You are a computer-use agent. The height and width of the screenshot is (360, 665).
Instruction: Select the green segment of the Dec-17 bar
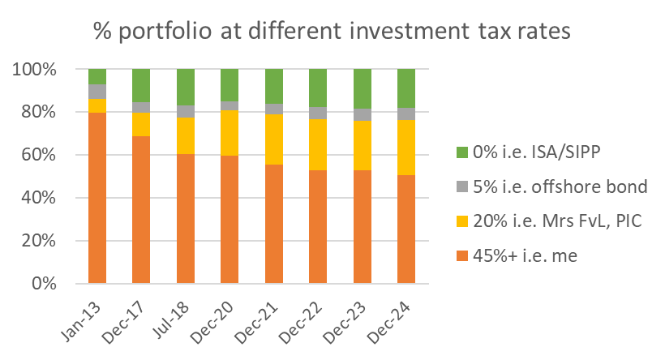click(x=141, y=85)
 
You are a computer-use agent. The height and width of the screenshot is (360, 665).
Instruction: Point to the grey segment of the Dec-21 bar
click(x=273, y=109)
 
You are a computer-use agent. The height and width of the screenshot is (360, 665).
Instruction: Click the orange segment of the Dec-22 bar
click(x=317, y=227)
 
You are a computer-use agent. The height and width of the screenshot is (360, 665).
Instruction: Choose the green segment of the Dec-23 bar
click(x=362, y=88)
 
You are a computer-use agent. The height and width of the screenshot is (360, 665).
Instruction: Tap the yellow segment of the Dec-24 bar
click(x=405, y=147)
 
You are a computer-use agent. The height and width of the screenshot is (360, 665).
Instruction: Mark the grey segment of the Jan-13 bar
click(x=97, y=91)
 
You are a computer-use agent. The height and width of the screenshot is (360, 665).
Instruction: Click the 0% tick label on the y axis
click(x=43, y=284)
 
